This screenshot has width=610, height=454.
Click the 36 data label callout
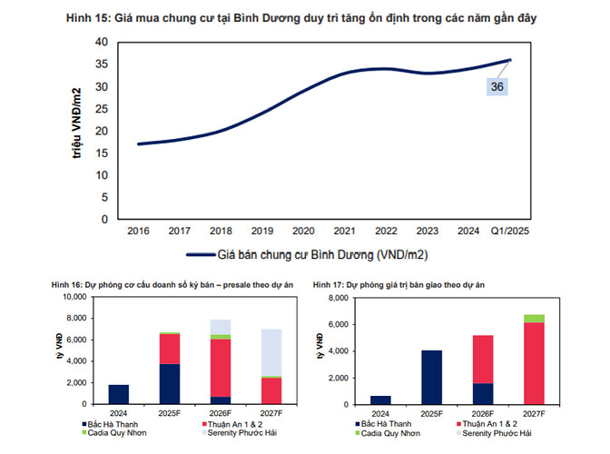point(497,87)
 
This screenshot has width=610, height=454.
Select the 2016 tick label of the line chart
point(138,232)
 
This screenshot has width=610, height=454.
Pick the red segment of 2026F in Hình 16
point(219,368)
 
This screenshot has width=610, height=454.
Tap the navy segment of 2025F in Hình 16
point(169,383)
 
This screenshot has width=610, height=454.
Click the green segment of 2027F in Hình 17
point(534,319)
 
